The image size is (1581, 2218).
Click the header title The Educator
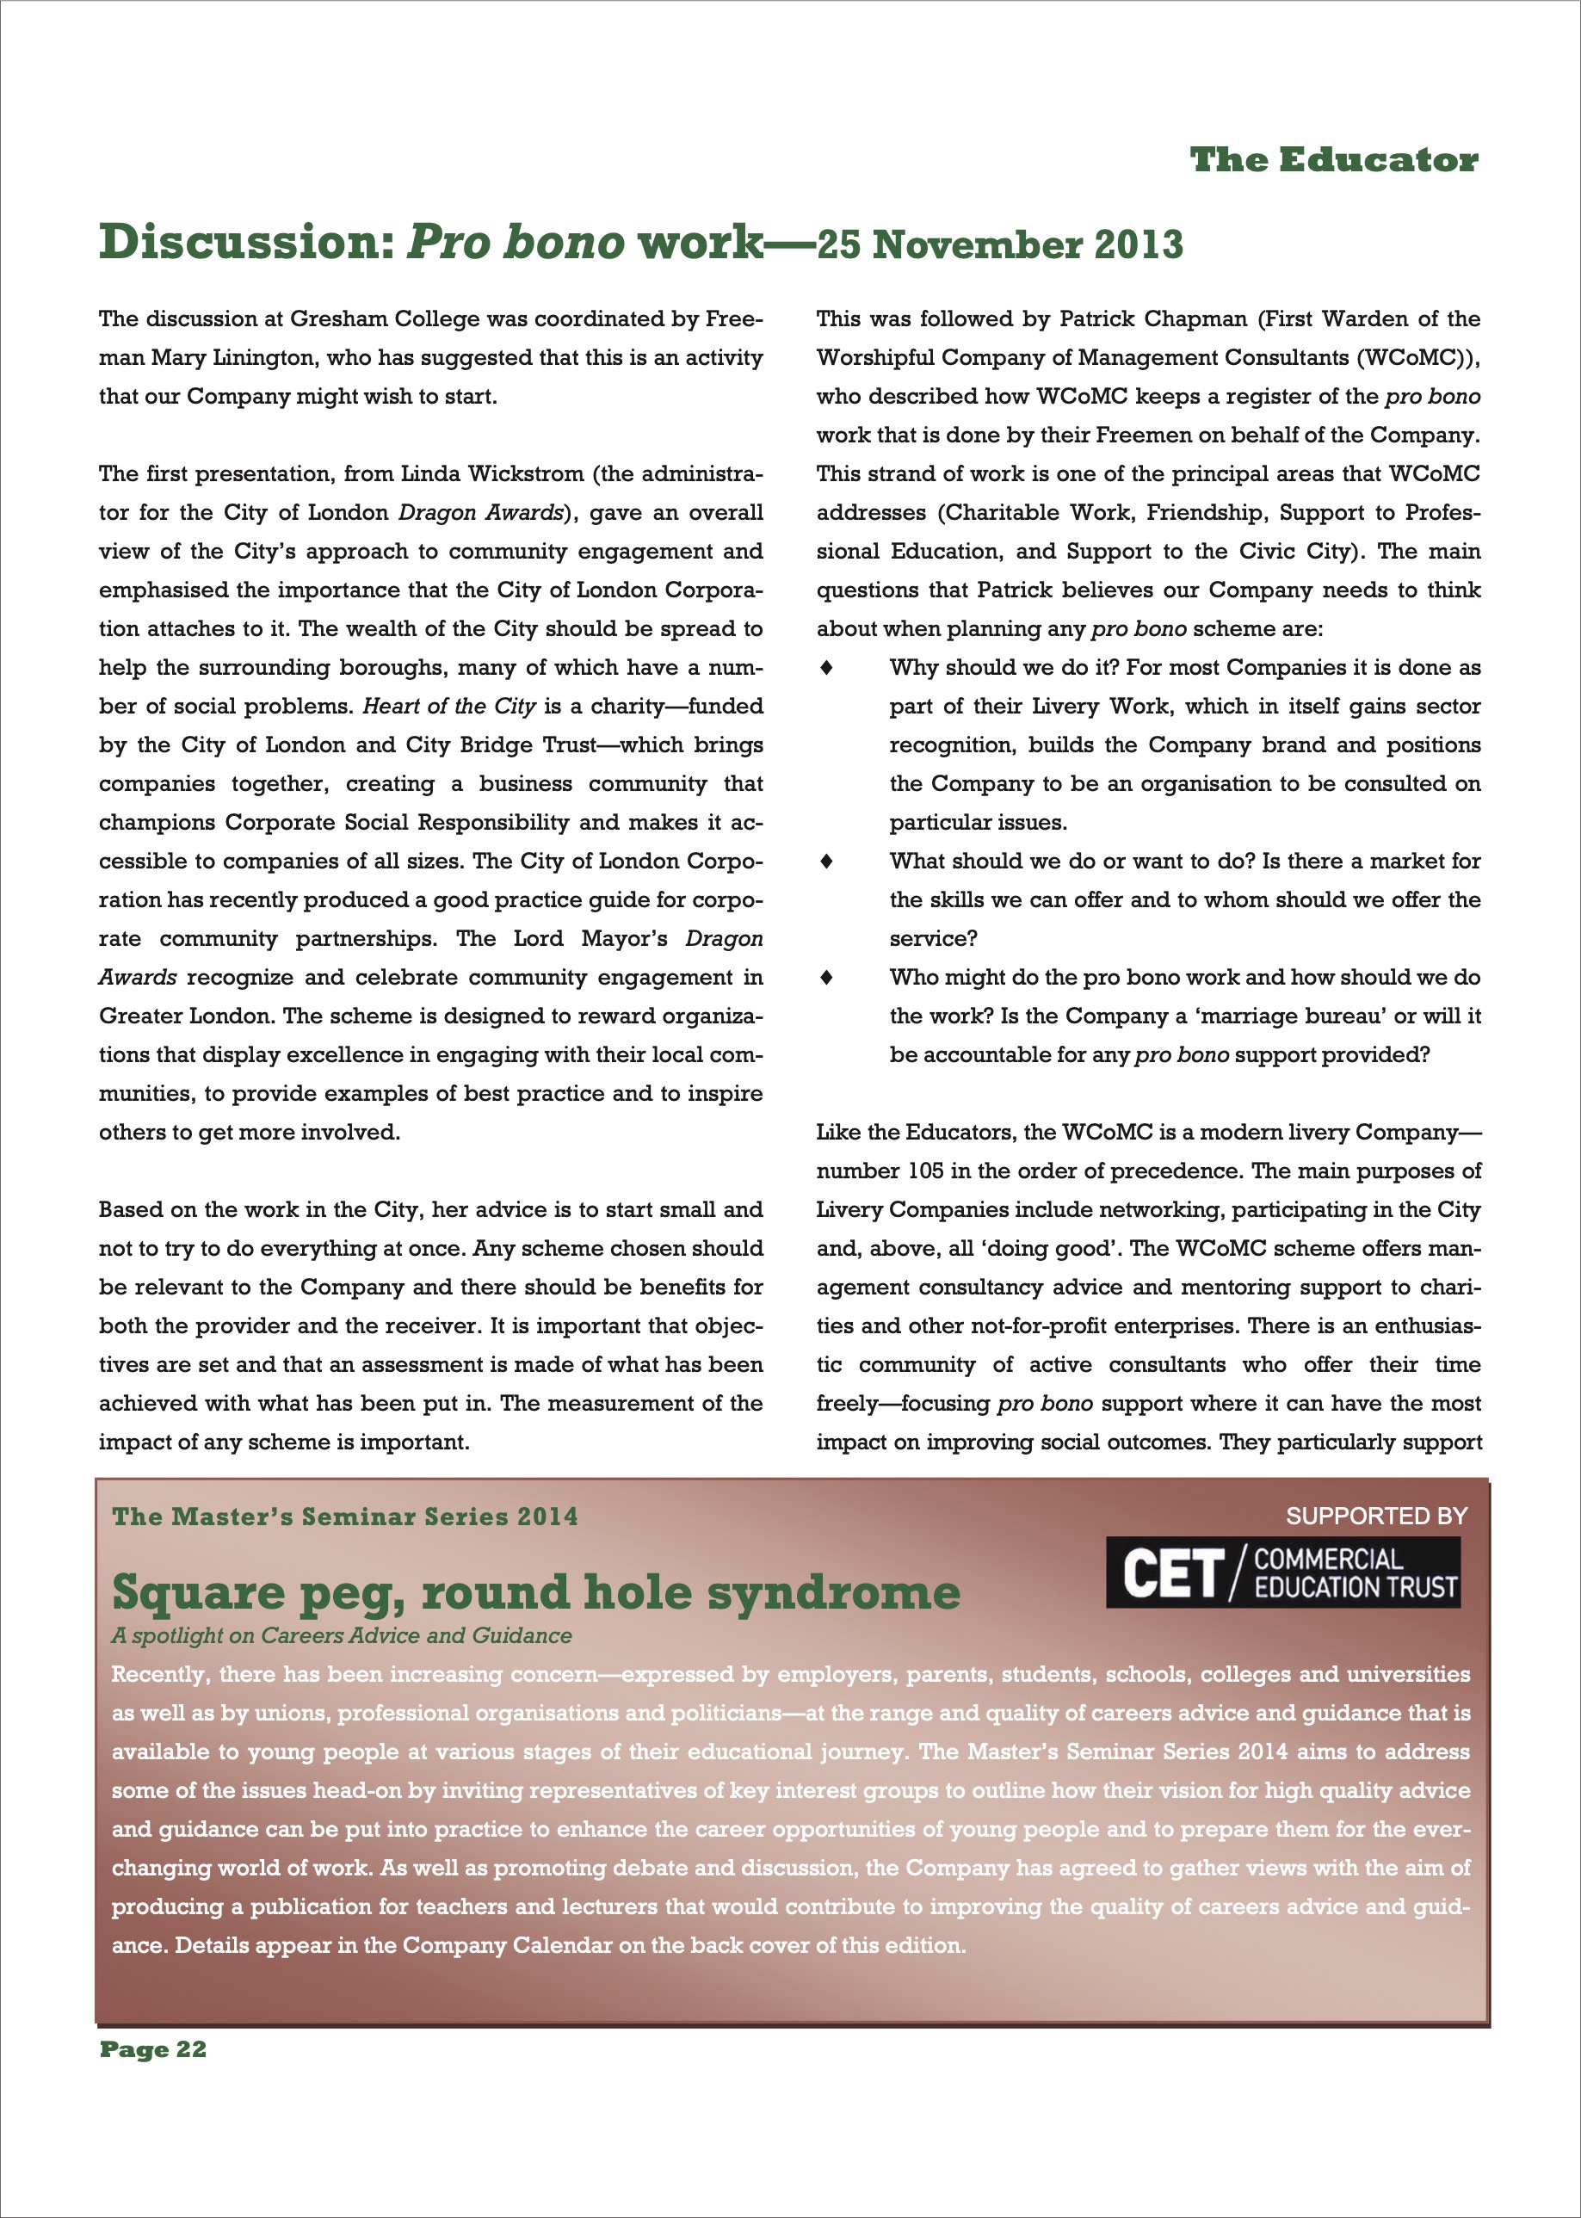1334,160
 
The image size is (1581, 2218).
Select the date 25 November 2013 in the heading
1000,244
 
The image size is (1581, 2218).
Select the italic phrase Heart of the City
448,707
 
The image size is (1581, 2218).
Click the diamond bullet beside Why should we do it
826,668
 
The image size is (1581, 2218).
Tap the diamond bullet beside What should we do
826,862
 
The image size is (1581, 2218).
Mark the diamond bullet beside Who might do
826,978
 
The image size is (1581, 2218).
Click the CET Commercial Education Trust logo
1283,1572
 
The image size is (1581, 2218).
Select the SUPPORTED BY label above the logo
1376,1516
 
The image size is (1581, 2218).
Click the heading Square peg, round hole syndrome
535,1593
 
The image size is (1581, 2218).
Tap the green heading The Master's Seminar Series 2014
344,1517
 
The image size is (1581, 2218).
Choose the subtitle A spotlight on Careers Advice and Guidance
342,1636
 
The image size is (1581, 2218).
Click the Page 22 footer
153,2049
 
